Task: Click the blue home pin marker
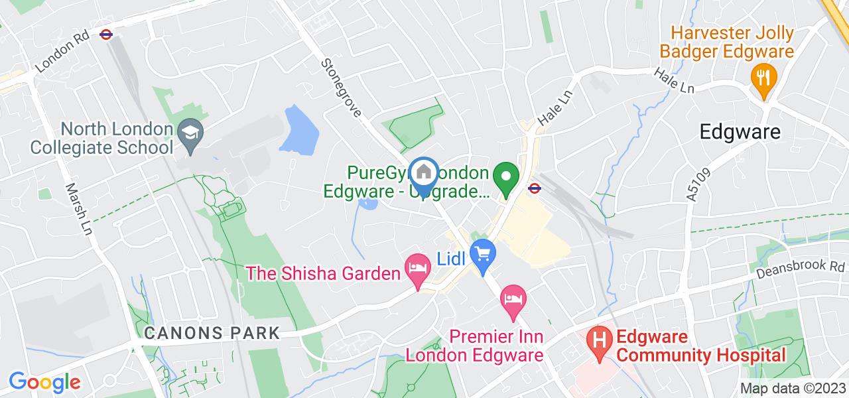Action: coord(424,174)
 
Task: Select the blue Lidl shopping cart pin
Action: coord(483,255)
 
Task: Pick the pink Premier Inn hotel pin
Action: coord(513,299)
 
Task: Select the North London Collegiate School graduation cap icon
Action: coord(191,132)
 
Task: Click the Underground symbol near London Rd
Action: coord(105,34)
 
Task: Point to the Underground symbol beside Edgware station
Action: coord(533,188)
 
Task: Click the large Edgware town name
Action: coord(740,132)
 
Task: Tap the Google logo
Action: coord(44,381)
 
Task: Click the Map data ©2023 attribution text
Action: coord(793,388)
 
